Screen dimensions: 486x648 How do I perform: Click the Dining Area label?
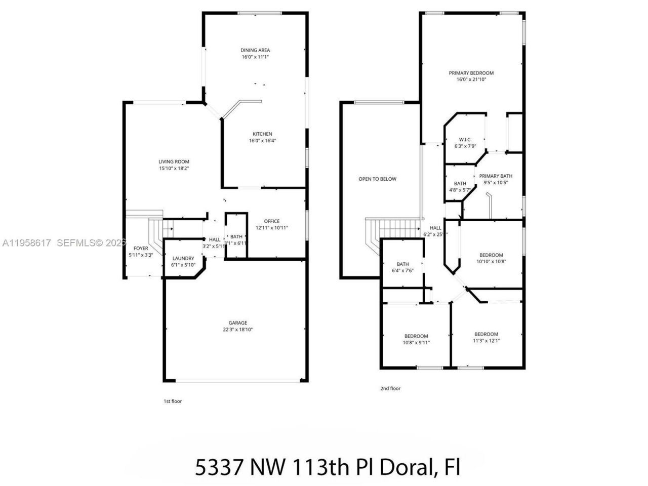click(x=255, y=50)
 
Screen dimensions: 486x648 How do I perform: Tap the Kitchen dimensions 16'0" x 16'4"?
click(x=262, y=141)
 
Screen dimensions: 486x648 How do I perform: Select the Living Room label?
click(x=174, y=161)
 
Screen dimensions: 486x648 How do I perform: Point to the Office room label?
click(x=272, y=221)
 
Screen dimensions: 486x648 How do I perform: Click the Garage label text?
click(x=238, y=322)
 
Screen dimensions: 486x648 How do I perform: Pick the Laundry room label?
click(x=183, y=258)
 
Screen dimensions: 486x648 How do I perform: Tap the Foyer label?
click(x=141, y=248)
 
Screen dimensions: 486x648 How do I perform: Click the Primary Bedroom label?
click(x=471, y=73)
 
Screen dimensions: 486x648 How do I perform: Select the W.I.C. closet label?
click(x=465, y=140)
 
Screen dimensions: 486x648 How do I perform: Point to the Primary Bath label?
click(x=496, y=176)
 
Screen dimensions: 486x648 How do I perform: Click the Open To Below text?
click(x=377, y=179)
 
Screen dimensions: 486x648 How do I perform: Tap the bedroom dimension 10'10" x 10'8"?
click(x=491, y=262)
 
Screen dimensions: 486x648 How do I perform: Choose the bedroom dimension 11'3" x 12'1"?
click(x=486, y=341)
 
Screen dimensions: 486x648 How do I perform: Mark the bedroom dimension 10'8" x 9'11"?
click(x=416, y=343)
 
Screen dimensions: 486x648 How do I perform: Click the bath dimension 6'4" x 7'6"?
click(x=402, y=271)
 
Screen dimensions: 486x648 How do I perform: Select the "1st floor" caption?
click(x=172, y=401)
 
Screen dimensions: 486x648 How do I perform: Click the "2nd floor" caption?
click(x=390, y=388)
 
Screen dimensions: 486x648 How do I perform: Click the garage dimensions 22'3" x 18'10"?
click(x=238, y=330)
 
